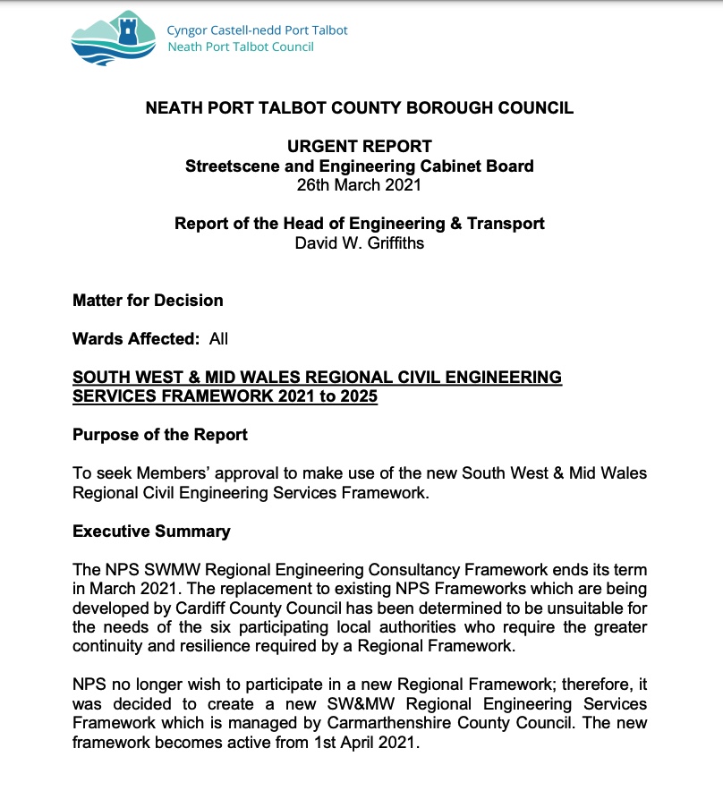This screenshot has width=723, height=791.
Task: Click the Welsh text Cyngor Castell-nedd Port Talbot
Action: pos(258,30)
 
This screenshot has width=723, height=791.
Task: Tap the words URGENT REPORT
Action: pos(359,146)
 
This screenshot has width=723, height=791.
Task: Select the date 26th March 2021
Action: pos(359,185)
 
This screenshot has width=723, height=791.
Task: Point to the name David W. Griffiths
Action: pos(359,242)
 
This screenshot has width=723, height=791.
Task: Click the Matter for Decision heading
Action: pos(148,300)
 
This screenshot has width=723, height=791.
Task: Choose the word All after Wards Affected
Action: pos(218,339)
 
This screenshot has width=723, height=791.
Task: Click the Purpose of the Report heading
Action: pos(160,435)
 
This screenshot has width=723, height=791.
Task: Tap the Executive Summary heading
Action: pos(151,532)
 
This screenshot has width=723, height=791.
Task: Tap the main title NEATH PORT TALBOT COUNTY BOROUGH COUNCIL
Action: pos(359,108)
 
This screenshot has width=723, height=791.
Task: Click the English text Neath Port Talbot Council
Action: pos(241,47)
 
